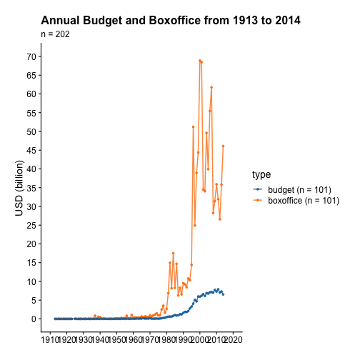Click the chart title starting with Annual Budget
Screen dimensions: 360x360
[171, 21]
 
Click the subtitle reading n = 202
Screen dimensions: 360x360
[55, 34]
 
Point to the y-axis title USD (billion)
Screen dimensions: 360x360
[19, 188]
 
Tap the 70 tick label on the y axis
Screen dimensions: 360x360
[31, 56]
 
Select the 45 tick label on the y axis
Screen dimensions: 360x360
[31, 151]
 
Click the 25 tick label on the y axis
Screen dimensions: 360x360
[31, 225]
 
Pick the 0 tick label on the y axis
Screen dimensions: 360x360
[34, 319]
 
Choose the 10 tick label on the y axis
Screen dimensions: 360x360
[31, 281]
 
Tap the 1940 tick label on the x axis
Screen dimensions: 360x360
[100, 340]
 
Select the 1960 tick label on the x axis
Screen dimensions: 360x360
[133, 340]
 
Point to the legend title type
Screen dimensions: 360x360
[261, 175]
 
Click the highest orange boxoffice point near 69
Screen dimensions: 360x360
[200, 61]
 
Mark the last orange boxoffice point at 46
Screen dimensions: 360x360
[223, 146]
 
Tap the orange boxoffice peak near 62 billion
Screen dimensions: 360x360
[211, 87]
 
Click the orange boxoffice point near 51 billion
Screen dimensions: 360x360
[193, 127]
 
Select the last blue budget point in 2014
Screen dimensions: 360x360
[223, 294]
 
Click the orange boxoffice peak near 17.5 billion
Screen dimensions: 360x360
[173, 254]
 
